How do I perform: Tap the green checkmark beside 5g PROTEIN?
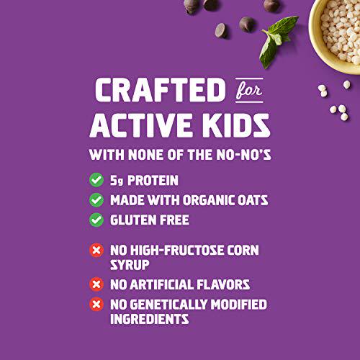(x=96, y=180)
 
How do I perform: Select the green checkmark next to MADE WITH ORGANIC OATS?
(x=96, y=200)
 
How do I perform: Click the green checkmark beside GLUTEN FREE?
(x=96, y=220)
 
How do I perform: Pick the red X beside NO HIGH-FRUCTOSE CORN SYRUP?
(x=96, y=251)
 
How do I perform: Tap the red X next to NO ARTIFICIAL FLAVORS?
(x=96, y=284)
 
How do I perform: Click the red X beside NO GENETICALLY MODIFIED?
(x=96, y=304)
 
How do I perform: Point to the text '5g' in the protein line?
(x=117, y=180)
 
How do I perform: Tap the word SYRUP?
(x=129, y=264)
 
